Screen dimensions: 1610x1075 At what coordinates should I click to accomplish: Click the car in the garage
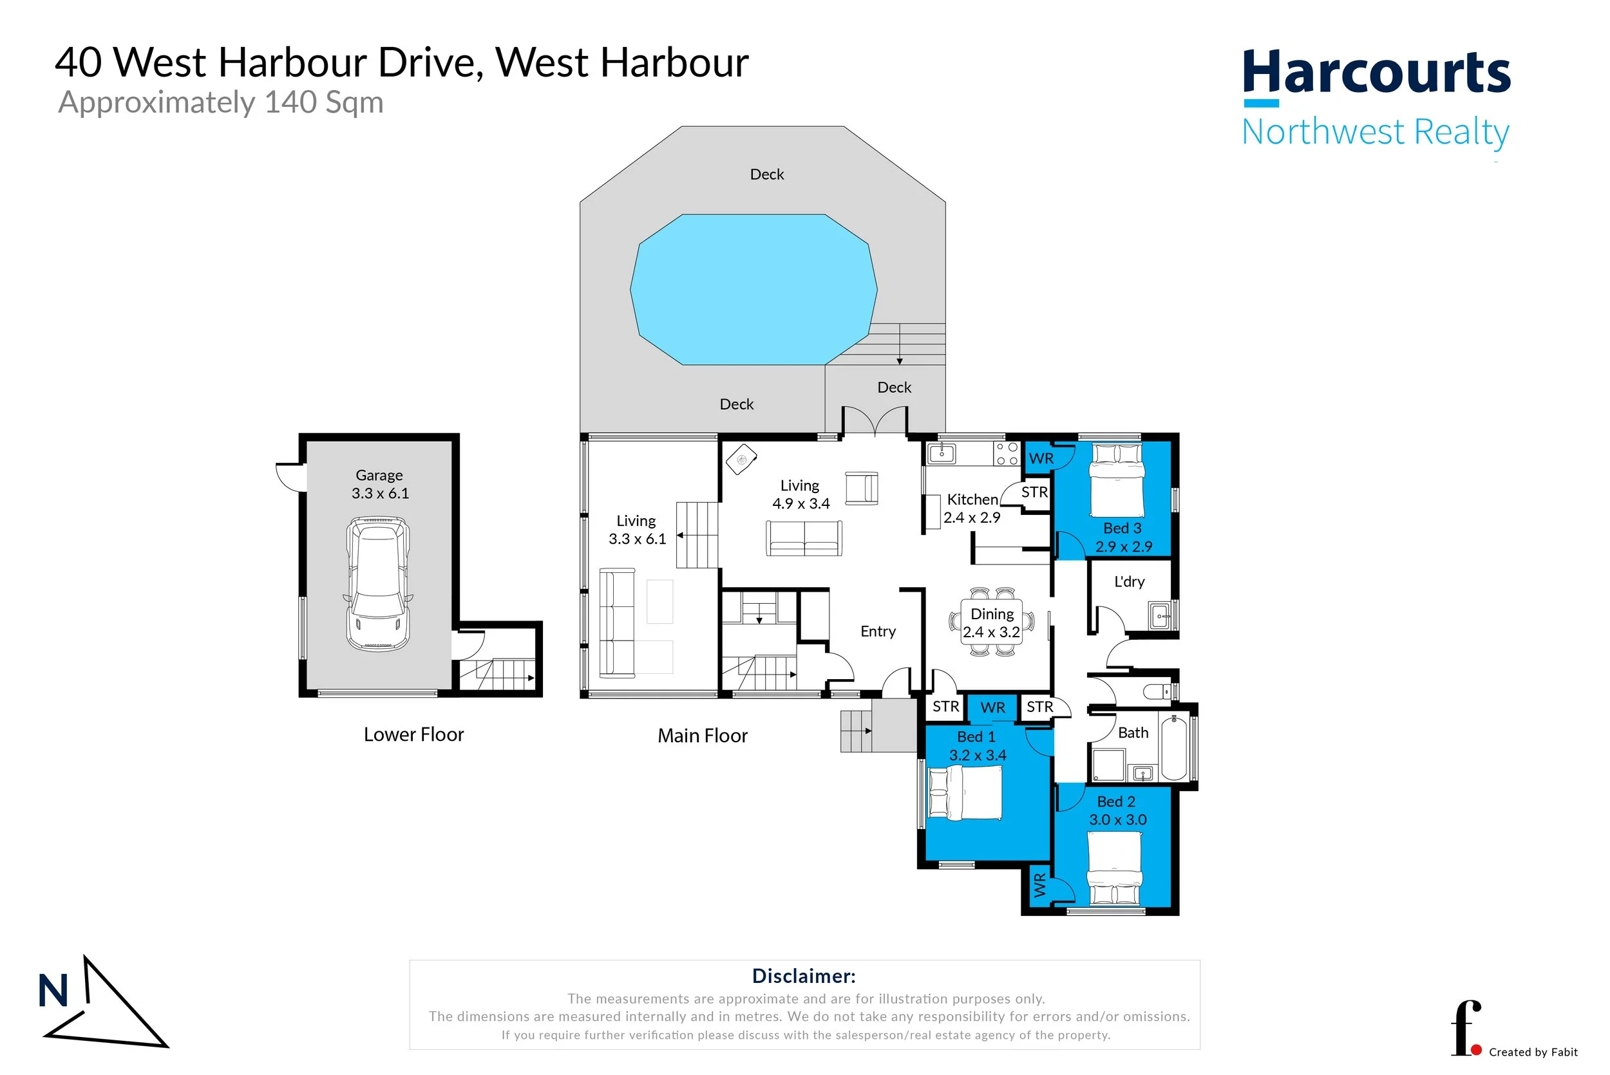pos(379,583)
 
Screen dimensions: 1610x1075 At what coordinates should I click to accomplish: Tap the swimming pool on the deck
pos(753,289)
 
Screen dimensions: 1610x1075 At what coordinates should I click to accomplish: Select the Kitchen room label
pos(972,500)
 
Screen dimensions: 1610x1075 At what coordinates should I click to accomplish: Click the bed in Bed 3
pos(1117,480)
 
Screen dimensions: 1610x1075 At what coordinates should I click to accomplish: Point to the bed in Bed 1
pos(965,793)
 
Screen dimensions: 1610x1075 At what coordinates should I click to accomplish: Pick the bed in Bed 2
pos(1115,868)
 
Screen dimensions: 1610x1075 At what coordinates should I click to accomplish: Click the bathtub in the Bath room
pos(1174,747)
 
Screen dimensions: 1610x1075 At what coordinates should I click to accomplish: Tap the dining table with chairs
pos(992,622)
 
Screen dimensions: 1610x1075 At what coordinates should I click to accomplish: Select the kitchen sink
pos(942,453)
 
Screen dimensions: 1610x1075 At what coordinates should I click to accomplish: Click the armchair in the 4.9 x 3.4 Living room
pos(862,489)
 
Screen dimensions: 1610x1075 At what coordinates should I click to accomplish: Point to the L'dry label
pos(1130,582)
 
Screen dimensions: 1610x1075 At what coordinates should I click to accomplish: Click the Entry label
pos(878,631)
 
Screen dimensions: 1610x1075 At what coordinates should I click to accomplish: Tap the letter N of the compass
pos(53,991)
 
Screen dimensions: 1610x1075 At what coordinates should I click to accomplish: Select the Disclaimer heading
pos(804,976)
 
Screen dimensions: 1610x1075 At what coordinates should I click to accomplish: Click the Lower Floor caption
pos(413,734)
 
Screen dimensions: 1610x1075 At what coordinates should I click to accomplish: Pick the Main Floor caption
pos(703,736)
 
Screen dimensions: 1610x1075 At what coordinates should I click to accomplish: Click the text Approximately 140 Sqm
pos(221,103)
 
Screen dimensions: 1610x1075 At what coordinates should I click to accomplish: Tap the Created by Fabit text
pos(1533,1052)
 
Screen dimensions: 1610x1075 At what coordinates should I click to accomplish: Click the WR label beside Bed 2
pos(1040,885)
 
